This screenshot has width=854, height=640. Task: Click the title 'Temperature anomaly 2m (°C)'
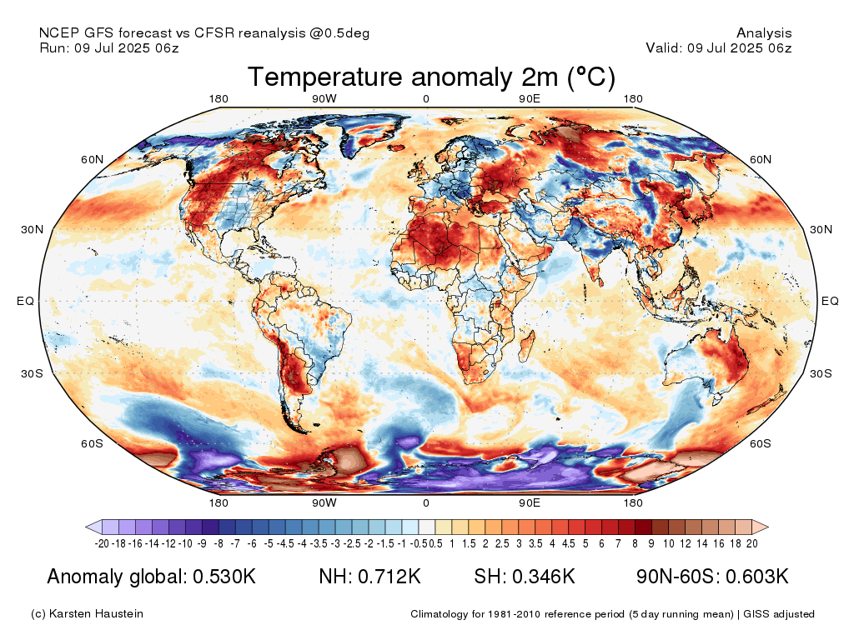click(x=431, y=77)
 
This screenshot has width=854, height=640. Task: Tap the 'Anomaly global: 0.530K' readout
click(x=151, y=577)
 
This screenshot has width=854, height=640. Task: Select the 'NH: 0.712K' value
click(x=369, y=577)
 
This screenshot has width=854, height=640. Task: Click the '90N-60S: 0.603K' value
click(x=712, y=577)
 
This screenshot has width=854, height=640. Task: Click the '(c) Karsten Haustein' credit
click(x=87, y=614)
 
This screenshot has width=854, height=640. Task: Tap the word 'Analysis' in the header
click(x=764, y=33)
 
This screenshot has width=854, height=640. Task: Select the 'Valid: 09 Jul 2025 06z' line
click(x=718, y=48)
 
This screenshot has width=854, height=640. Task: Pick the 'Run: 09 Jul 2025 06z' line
click(x=109, y=48)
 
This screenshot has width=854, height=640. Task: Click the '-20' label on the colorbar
click(x=103, y=543)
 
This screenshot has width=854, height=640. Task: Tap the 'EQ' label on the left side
click(x=26, y=301)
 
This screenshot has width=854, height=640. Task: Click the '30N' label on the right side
click(x=821, y=229)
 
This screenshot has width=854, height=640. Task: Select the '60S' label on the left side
click(x=92, y=443)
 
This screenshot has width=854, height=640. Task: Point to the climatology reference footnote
click(x=612, y=614)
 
